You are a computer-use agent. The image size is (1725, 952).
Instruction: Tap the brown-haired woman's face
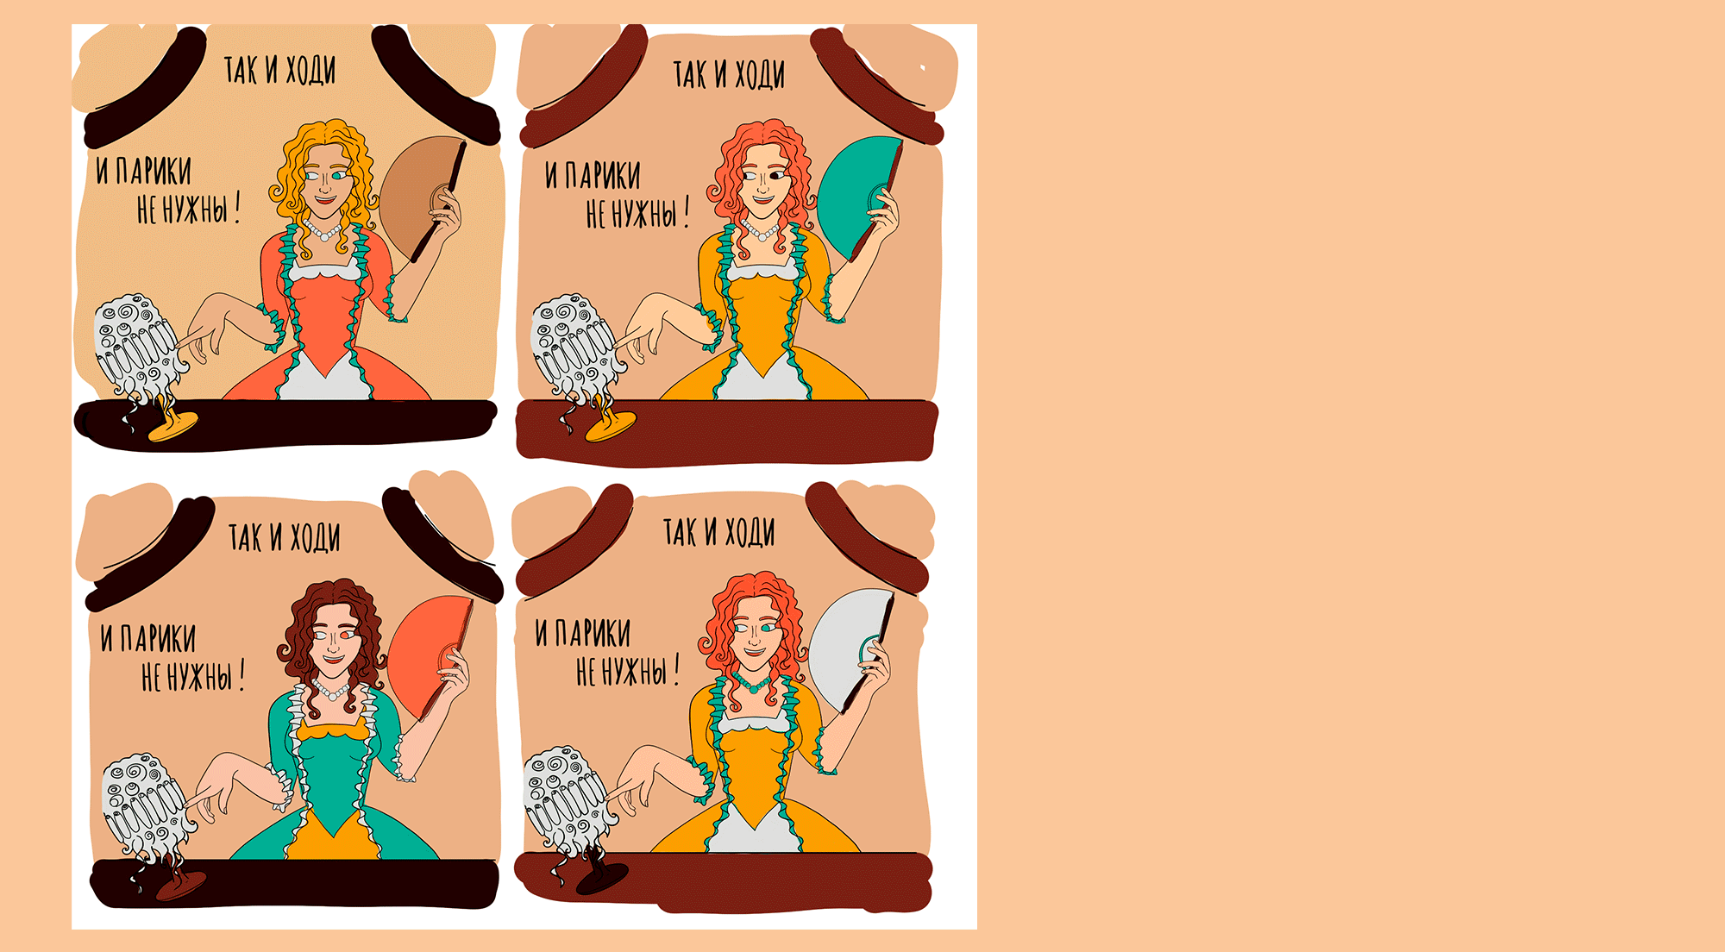[333, 642]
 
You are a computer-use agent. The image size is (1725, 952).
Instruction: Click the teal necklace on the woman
[753, 682]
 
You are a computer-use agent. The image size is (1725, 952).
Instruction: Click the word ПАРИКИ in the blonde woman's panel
[154, 171]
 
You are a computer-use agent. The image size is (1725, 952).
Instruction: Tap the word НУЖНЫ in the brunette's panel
[199, 676]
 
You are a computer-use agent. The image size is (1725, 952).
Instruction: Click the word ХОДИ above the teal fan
[760, 74]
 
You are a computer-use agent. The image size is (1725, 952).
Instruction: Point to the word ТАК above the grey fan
[680, 532]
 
